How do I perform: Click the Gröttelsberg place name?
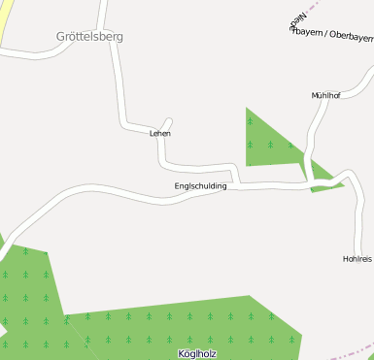89,37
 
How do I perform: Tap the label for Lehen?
160,133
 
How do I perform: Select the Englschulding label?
200,185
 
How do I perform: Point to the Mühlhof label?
325,96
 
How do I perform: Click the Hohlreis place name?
357,259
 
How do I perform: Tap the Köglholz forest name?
197,354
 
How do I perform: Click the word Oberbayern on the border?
352,35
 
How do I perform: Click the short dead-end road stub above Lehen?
166,123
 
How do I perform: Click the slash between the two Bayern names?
326,34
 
